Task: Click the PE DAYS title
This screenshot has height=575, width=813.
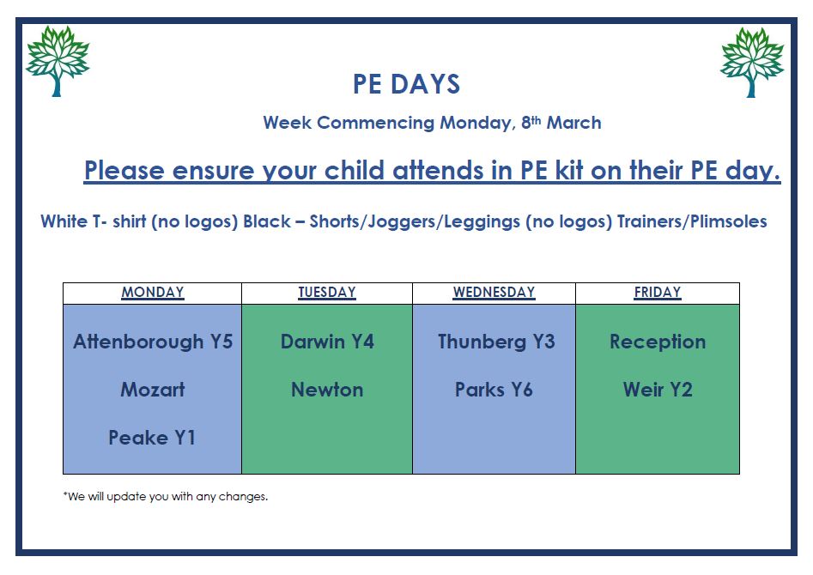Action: point(407,84)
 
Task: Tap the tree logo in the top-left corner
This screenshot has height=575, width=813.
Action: point(58,61)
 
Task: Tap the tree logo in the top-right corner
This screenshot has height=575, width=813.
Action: point(752,62)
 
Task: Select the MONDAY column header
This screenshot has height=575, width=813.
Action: point(153,293)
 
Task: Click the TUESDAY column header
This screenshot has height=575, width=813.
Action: point(326,293)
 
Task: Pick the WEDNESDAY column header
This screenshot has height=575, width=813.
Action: point(494,293)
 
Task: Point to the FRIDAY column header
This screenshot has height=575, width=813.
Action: point(658,293)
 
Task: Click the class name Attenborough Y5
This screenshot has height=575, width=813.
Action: point(153,342)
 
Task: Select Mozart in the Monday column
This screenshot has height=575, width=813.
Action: point(153,390)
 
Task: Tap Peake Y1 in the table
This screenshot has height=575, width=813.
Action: point(152,438)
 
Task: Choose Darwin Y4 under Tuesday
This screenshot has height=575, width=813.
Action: point(327,342)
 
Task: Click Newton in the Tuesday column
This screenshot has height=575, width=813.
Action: point(327,390)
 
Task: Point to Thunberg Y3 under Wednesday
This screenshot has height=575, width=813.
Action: point(496,342)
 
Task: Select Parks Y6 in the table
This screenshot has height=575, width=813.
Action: point(494,390)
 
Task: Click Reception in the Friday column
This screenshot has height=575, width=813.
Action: point(658,342)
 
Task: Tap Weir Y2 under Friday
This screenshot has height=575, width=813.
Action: point(658,390)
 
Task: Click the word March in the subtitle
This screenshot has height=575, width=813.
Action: point(574,123)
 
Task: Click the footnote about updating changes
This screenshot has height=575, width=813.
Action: point(166,497)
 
